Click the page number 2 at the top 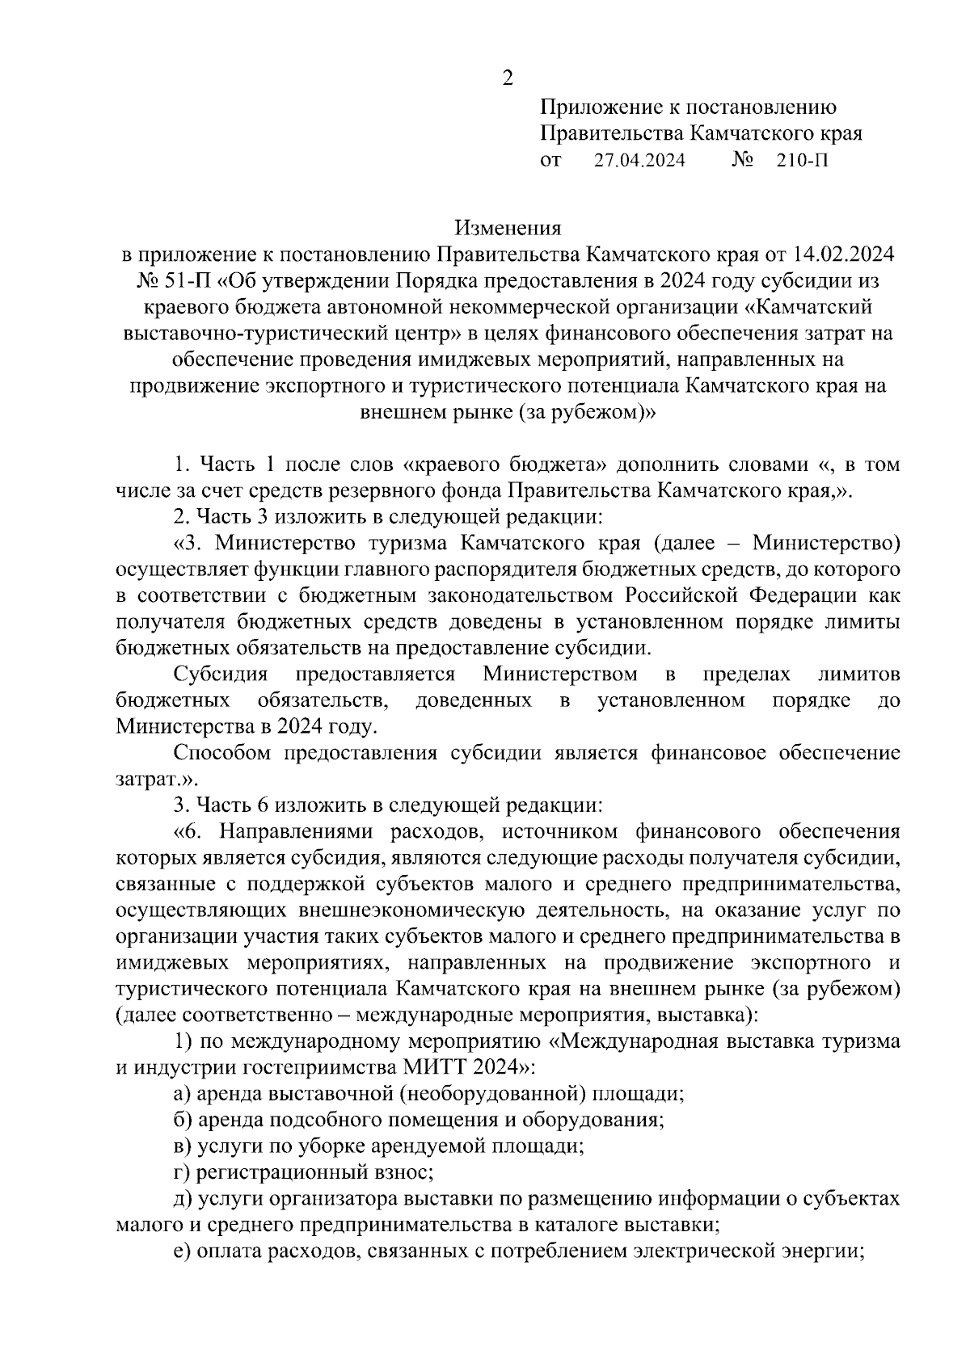pos(508,78)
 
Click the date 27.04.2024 pos(639,160)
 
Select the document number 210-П pos(802,160)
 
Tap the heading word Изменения pos(508,227)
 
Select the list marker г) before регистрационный pos(183,1172)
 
